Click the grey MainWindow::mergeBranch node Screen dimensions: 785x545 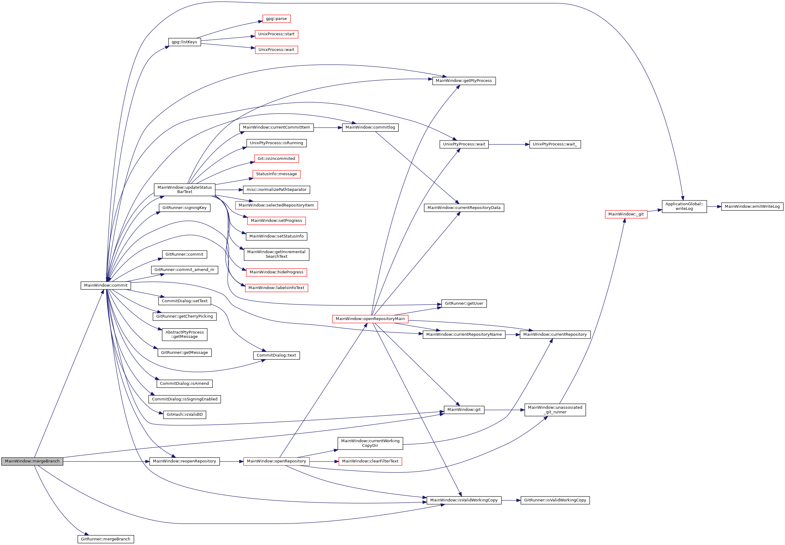pyautogui.click(x=32, y=461)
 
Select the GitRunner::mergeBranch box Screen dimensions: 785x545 pyautogui.click(x=106, y=539)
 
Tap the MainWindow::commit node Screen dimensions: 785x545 pyautogui.click(x=106, y=285)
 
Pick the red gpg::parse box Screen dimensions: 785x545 pyautogui.click(x=276, y=19)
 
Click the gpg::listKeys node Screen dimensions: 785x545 pyautogui.click(x=185, y=42)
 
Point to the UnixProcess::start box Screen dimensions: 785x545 pyautogui.click(x=276, y=34)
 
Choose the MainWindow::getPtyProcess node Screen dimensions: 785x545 pyautogui.click(x=464, y=81)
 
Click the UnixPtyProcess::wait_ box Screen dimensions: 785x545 pyautogui.click(x=555, y=145)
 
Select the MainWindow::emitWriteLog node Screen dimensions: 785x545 pyautogui.click(x=752, y=207)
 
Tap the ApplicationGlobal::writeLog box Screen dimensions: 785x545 pyautogui.click(x=684, y=207)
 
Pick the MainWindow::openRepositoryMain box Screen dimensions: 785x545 pyautogui.click(x=370, y=319)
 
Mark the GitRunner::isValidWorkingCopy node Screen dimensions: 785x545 pyautogui.click(x=555, y=500)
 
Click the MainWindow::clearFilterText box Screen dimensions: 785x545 pyautogui.click(x=370, y=461)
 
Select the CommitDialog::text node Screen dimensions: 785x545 pyautogui.click(x=276, y=355)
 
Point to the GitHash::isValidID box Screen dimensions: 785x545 pyautogui.click(x=185, y=415)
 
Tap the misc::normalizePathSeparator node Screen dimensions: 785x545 pyautogui.click(x=276, y=190)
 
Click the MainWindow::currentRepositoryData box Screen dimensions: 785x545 pyautogui.click(x=464, y=208)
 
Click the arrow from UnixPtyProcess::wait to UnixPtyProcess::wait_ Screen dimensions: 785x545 pyautogui.click(x=509, y=145)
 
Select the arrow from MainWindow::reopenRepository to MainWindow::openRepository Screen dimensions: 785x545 pyautogui.click(x=231, y=461)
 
